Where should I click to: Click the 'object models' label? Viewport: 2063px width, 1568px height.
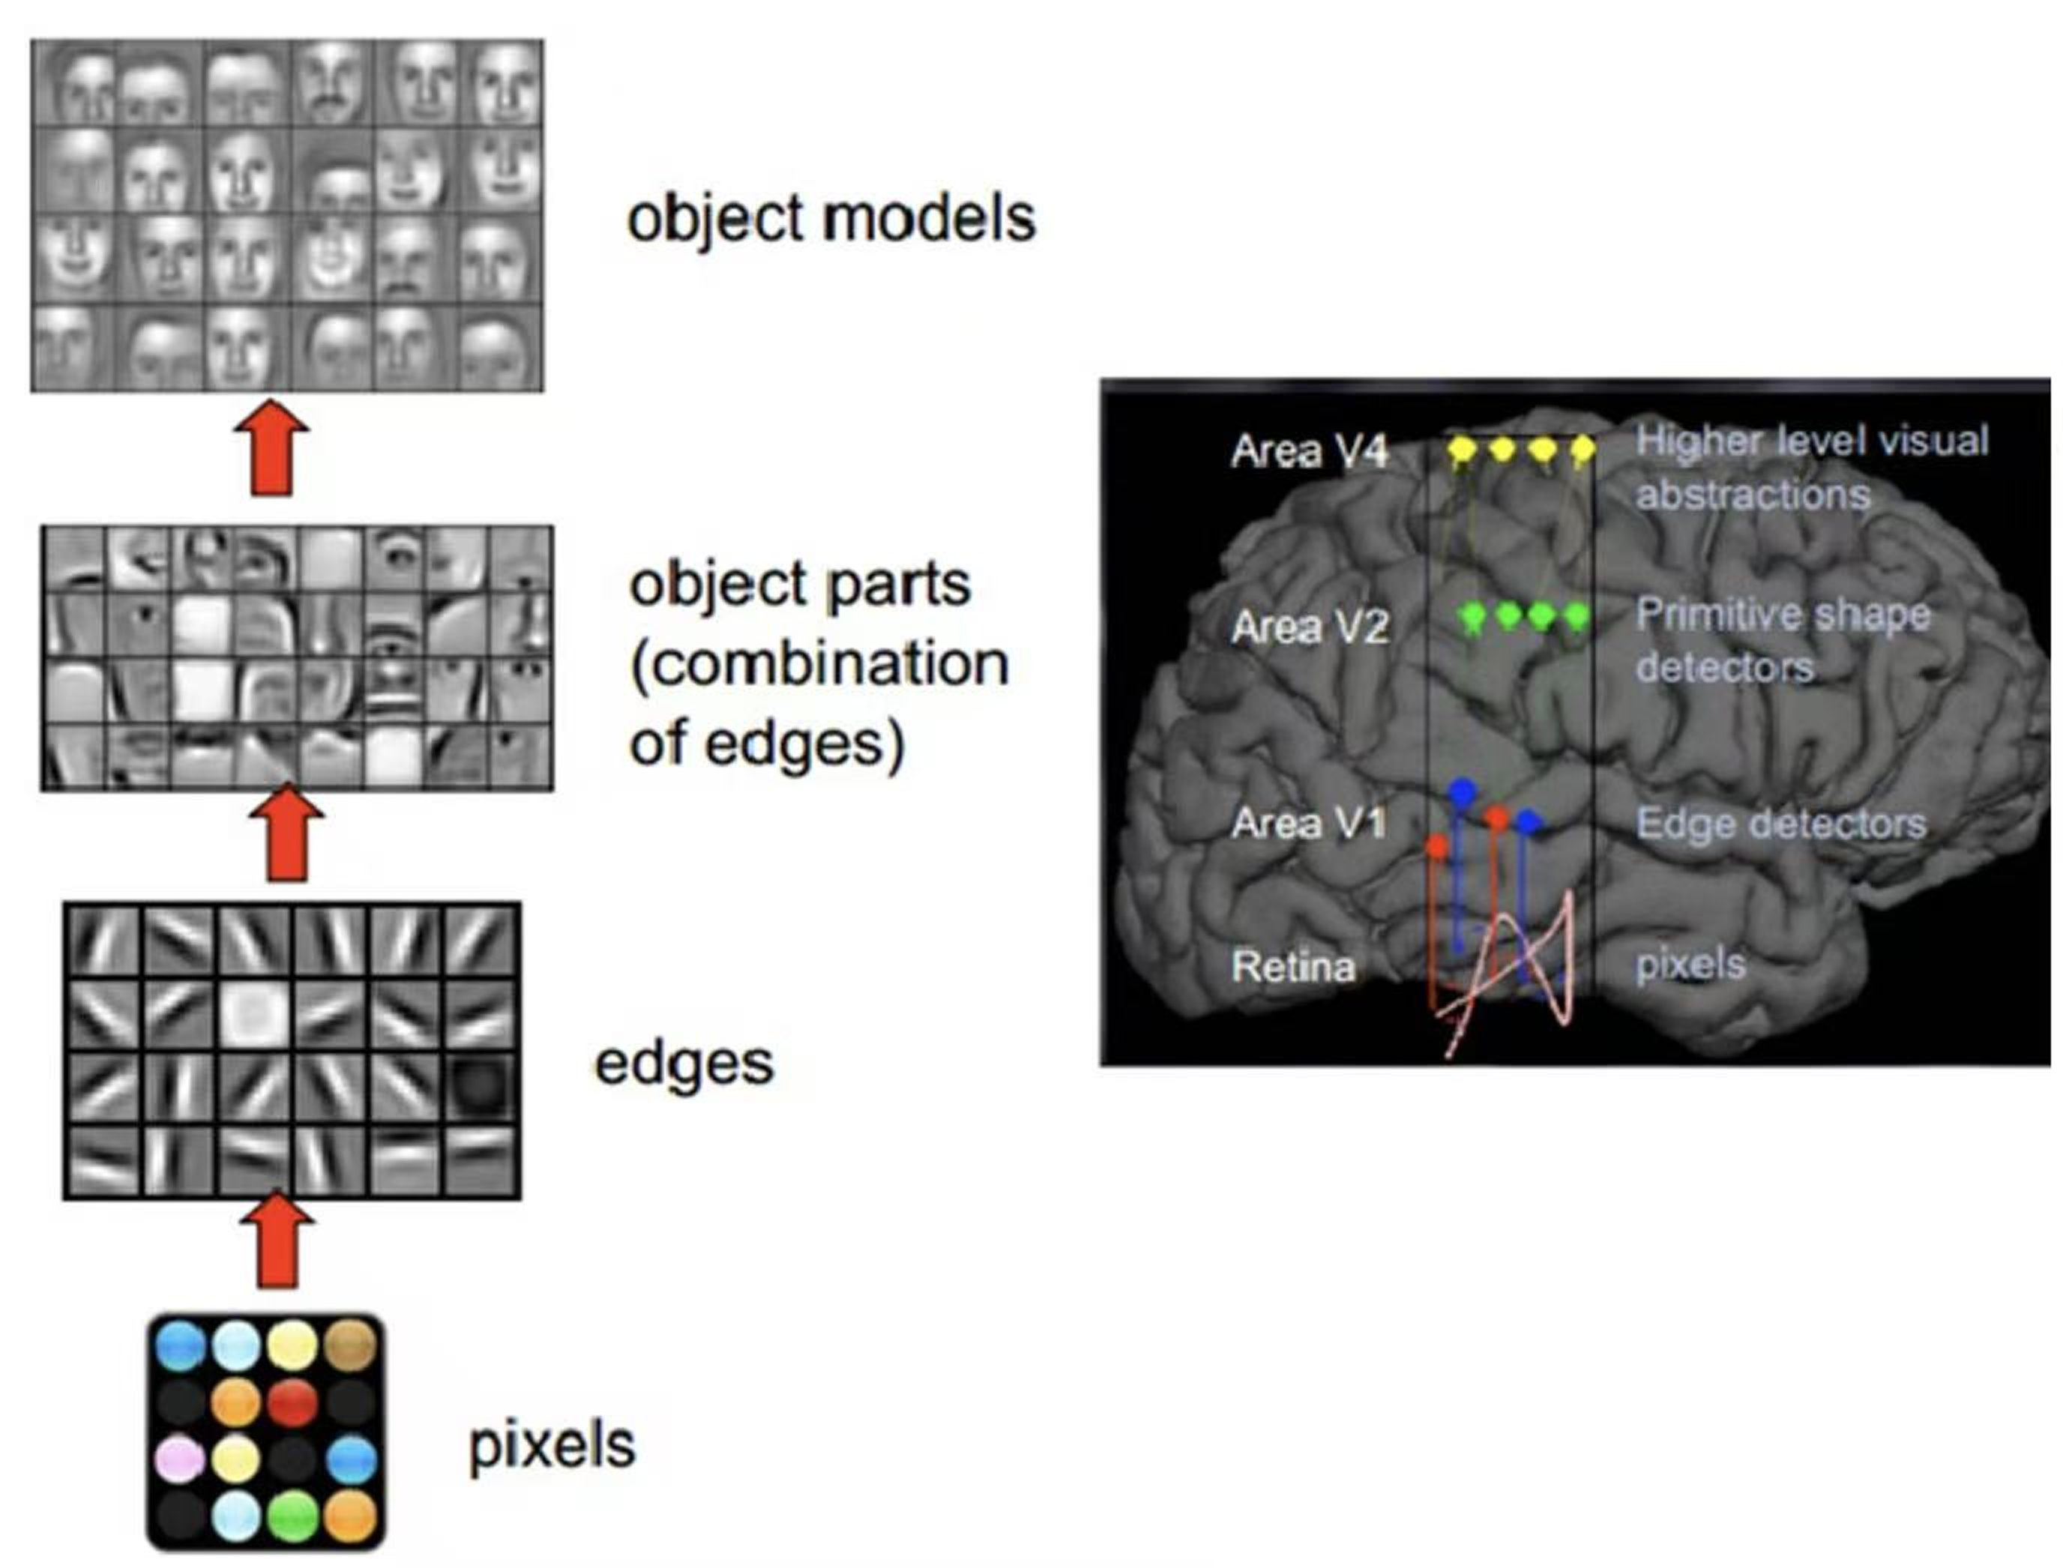(x=831, y=218)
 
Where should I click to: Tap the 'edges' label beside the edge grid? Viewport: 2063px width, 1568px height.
(x=684, y=1064)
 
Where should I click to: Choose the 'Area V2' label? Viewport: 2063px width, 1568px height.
(x=1310, y=627)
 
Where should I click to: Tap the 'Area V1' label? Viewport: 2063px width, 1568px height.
(x=1308, y=823)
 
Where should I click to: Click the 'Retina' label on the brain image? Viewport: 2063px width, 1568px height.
(x=1293, y=966)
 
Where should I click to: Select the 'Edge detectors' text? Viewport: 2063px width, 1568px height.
(x=1781, y=823)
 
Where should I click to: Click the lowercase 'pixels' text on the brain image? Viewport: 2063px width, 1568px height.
(x=1690, y=964)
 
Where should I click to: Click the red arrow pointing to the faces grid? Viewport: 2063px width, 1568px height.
(x=271, y=448)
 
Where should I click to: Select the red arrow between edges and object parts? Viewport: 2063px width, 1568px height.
(x=286, y=833)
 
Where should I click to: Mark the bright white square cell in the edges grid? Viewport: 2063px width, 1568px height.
(x=254, y=1013)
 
